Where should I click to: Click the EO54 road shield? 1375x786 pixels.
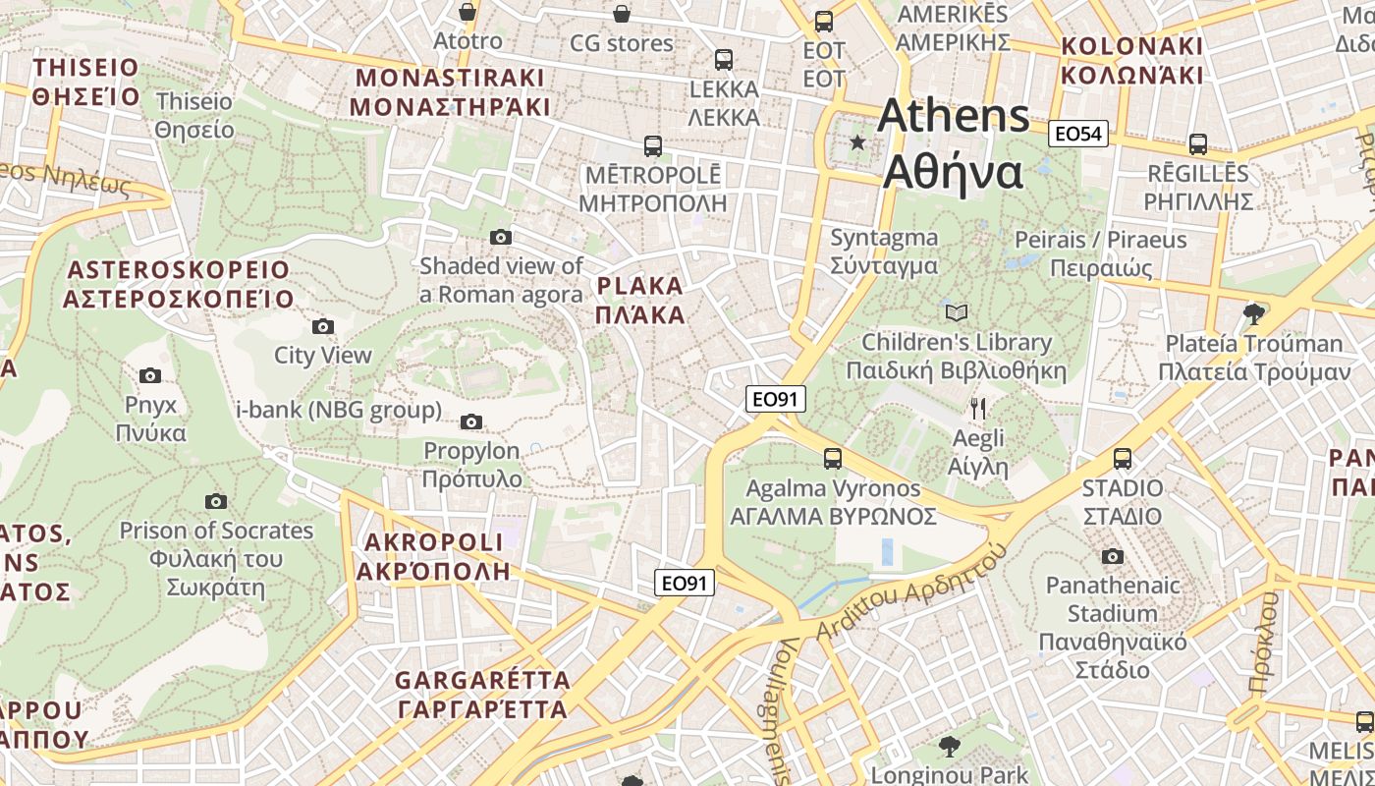pyautogui.click(x=1077, y=134)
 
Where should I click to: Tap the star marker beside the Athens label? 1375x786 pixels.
pyautogui.click(x=858, y=142)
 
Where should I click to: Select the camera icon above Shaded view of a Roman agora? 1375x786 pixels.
pyautogui.click(x=501, y=237)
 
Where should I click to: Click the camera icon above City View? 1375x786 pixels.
pyautogui.click(x=322, y=326)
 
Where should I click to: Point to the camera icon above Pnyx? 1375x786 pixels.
pyautogui.click(x=150, y=375)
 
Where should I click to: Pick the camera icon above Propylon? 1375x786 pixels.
pyautogui.click(x=471, y=422)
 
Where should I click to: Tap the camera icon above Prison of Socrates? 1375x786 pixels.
pyautogui.click(x=216, y=501)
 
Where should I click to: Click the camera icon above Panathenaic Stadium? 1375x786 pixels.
pyautogui.click(x=1112, y=557)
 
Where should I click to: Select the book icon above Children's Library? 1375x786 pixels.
pyautogui.click(x=956, y=313)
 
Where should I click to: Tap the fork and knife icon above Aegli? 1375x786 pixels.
pyautogui.click(x=977, y=408)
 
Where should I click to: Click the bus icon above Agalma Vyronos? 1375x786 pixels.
pyautogui.click(x=832, y=458)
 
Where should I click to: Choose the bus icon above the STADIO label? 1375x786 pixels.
pyautogui.click(x=1122, y=458)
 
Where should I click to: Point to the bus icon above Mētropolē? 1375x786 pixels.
pyautogui.click(x=652, y=146)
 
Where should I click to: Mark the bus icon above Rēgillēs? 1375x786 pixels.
pyautogui.click(x=1197, y=144)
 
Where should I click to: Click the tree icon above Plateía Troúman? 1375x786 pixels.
pyautogui.click(x=1252, y=314)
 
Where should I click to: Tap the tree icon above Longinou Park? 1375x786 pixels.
pyautogui.click(x=949, y=747)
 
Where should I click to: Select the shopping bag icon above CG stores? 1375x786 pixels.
pyautogui.click(x=621, y=14)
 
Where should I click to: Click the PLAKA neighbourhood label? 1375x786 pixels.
pyautogui.click(x=639, y=301)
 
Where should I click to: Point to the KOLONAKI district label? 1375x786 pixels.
pyautogui.click(x=1131, y=60)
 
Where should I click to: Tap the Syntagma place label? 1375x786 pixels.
pyautogui.click(x=884, y=252)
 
